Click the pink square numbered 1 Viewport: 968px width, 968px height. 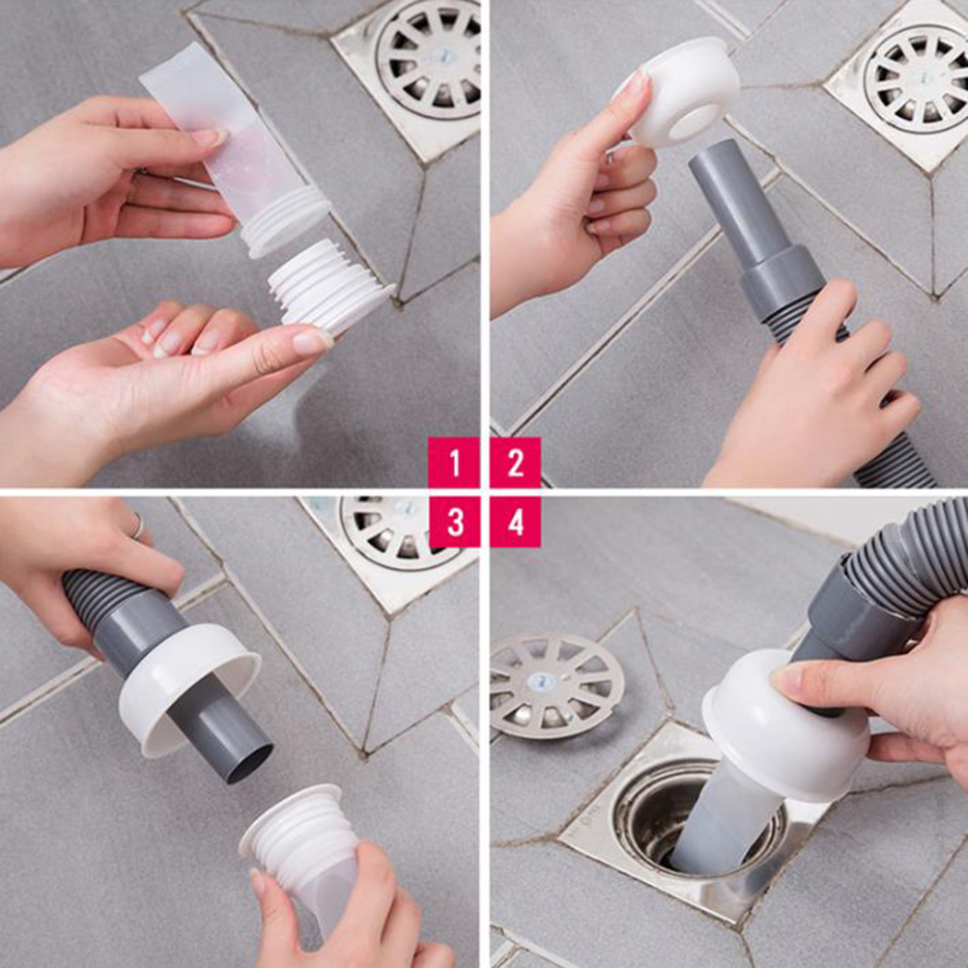click(454, 463)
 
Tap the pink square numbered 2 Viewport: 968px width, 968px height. click(516, 463)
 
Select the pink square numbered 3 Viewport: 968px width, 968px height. click(454, 523)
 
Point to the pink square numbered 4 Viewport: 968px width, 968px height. click(516, 523)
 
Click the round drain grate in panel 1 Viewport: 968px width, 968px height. click(429, 59)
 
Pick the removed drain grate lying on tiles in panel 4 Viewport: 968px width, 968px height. click(555, 685)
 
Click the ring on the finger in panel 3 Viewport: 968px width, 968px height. click(138, 527)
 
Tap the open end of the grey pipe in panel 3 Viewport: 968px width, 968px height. click(250, 763)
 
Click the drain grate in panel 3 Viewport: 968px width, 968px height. click(395, 531)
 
